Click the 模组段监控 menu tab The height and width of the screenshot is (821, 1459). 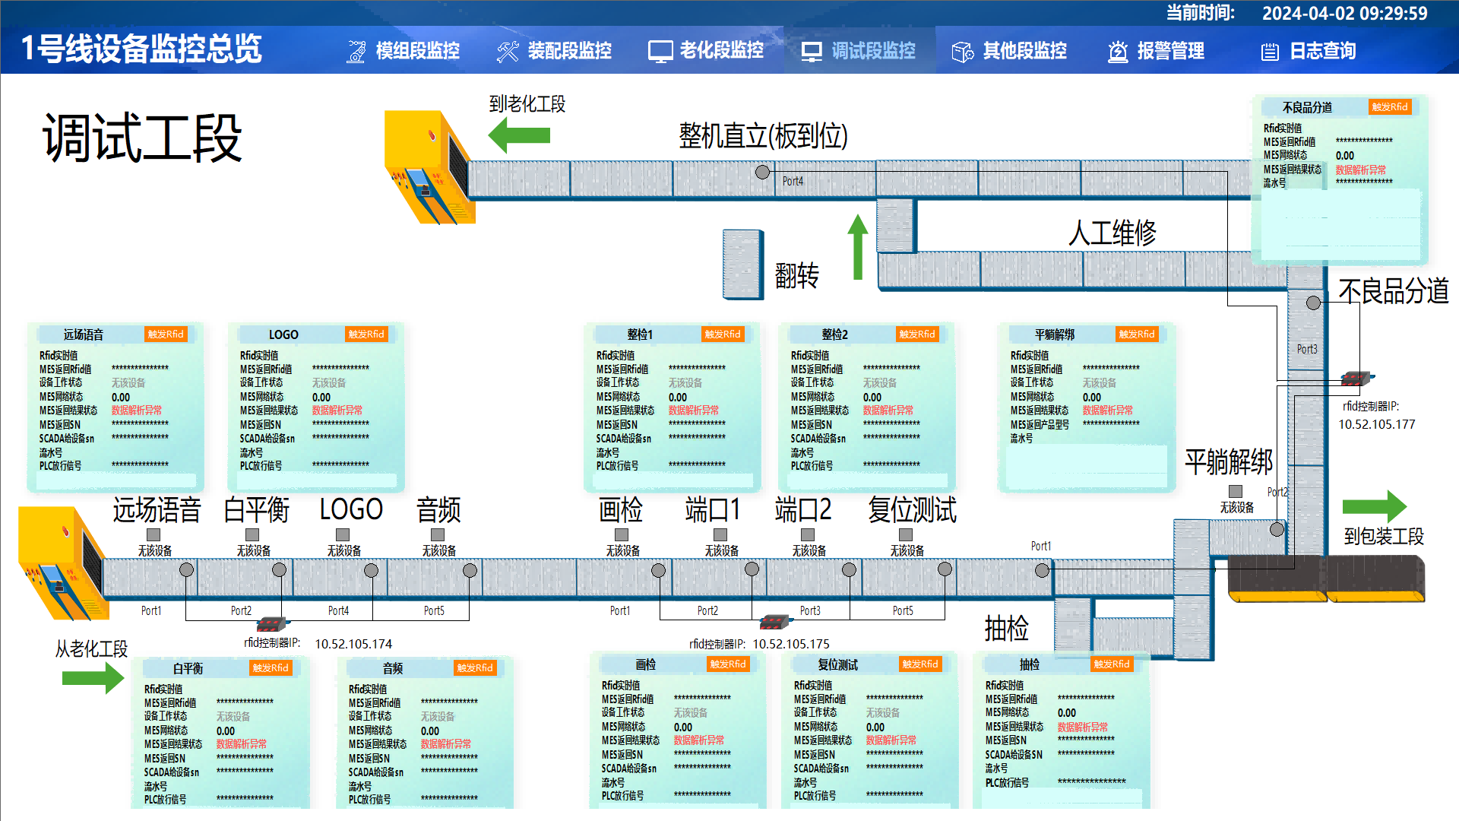[404, 51]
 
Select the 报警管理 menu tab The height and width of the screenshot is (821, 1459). [1156, 51]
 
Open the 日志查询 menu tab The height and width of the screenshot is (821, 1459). [1309, 51]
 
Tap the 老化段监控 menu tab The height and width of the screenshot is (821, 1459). [706, 51]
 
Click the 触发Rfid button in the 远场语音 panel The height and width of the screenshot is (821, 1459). [166, 334]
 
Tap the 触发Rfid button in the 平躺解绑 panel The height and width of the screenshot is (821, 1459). [1136, 334]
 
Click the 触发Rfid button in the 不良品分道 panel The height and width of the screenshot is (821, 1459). [1389, 107]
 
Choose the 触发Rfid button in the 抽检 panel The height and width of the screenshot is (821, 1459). [1111, 664]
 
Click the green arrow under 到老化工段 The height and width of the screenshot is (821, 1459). [519, 135]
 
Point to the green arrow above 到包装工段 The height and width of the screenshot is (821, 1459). [1374, 506]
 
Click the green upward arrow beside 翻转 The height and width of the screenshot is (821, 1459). [858, 246]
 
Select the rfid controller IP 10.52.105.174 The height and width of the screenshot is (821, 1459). [353, 644]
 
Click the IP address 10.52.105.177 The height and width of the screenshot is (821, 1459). [1376, 424]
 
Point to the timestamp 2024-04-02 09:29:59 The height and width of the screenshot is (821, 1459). [1344, 13]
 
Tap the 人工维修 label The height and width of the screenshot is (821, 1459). [1112, 233]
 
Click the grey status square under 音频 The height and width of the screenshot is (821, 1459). [438, 534]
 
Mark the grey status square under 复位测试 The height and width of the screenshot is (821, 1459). [906, 534]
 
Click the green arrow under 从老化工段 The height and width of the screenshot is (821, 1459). [93, 677]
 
